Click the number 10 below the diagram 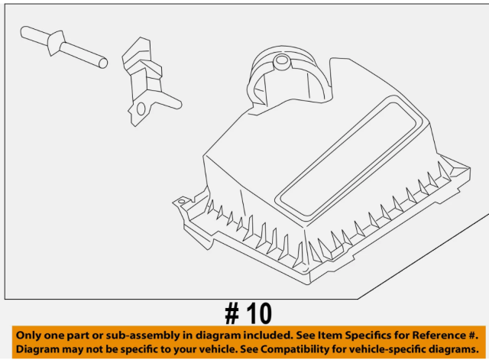tap(259, 313)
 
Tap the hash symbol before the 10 tap(232, 313)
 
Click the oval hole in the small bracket tap(141, 109)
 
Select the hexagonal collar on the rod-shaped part tap(56, 43)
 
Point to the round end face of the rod tap(103, 63)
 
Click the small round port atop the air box tap(282, 61)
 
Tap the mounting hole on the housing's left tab tap(181, 202)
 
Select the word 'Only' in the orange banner tap(29, 336)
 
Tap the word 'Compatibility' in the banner tap(293, 349)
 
